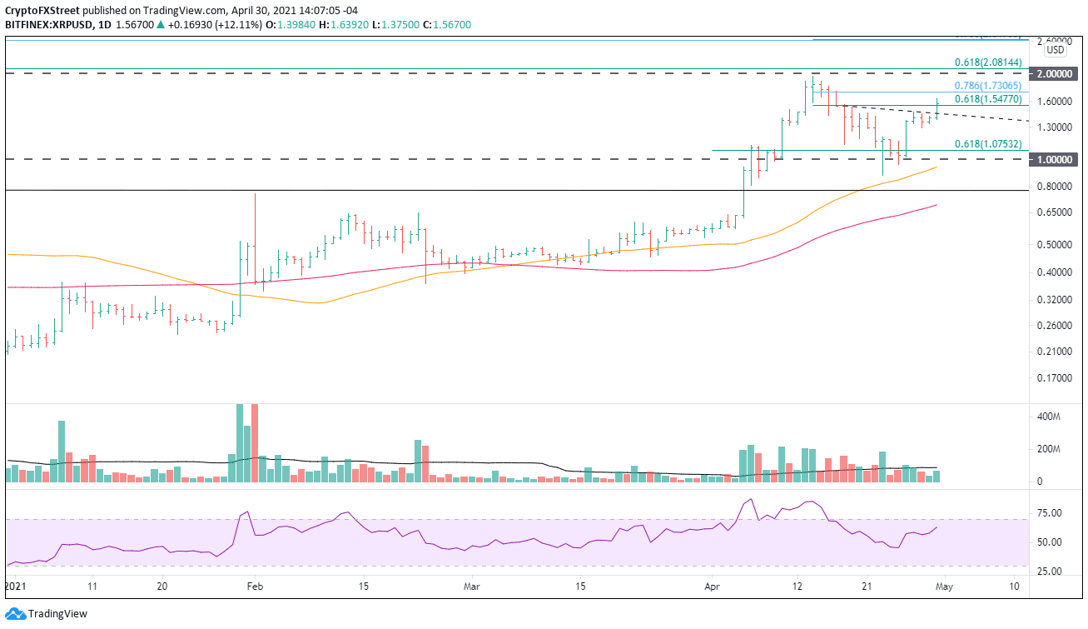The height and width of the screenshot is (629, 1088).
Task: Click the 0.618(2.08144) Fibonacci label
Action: [986, 62]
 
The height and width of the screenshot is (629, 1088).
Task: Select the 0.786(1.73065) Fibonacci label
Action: [986, 86]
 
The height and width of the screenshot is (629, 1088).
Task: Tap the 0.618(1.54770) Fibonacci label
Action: [986, 99]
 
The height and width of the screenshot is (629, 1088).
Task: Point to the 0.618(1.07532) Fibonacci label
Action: [986, 143]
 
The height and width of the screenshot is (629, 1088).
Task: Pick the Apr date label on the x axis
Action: [713, 587]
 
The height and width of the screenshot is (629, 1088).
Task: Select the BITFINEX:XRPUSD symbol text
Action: [47, 25]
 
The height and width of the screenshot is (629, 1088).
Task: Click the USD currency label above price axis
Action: [1056, 49]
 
